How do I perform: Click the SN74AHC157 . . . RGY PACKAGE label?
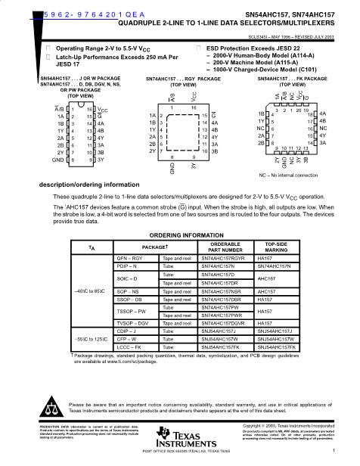point(178,78)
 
